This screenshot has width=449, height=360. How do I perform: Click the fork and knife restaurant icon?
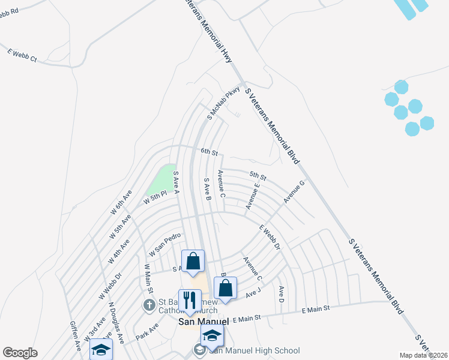tap(190, 300)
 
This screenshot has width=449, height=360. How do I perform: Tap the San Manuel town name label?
tap(204, 322)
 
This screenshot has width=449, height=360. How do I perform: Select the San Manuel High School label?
tap(254, 350)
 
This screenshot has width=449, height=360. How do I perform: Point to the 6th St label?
tap(209, 151)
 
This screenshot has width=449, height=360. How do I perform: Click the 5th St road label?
tap(258, 176)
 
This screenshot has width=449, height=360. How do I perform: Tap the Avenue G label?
tap(294, 190)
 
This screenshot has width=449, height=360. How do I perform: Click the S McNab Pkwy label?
tap(223, 103)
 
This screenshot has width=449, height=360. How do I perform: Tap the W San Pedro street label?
tap(165, 244)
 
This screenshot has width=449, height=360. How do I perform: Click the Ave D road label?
tap(281, 294)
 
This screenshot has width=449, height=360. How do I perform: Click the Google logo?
tap(20, 353)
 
